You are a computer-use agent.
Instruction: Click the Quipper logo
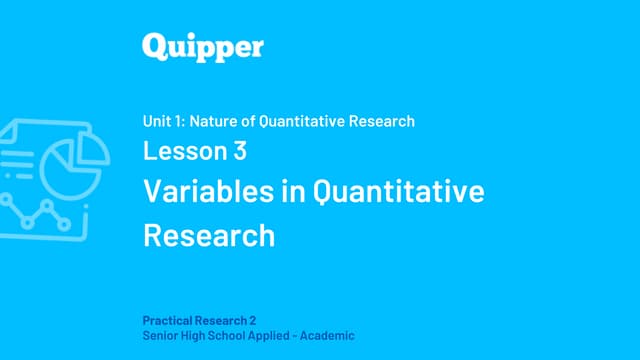click(202, 47)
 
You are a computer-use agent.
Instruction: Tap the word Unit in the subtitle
click(157, 121)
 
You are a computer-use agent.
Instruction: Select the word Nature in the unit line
click(222, 121)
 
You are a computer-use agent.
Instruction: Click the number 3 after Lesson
click(240, 152)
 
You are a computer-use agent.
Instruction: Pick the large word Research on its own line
click(209, 235)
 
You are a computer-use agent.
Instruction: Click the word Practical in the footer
click(169, 321)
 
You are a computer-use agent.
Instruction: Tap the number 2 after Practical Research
click(253, 321)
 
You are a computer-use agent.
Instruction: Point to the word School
click(234, 337)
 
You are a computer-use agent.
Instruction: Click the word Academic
click(331, 337)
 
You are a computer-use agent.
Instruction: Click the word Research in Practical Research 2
click(222, 321)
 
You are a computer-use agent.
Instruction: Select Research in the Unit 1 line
click(384, 121)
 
